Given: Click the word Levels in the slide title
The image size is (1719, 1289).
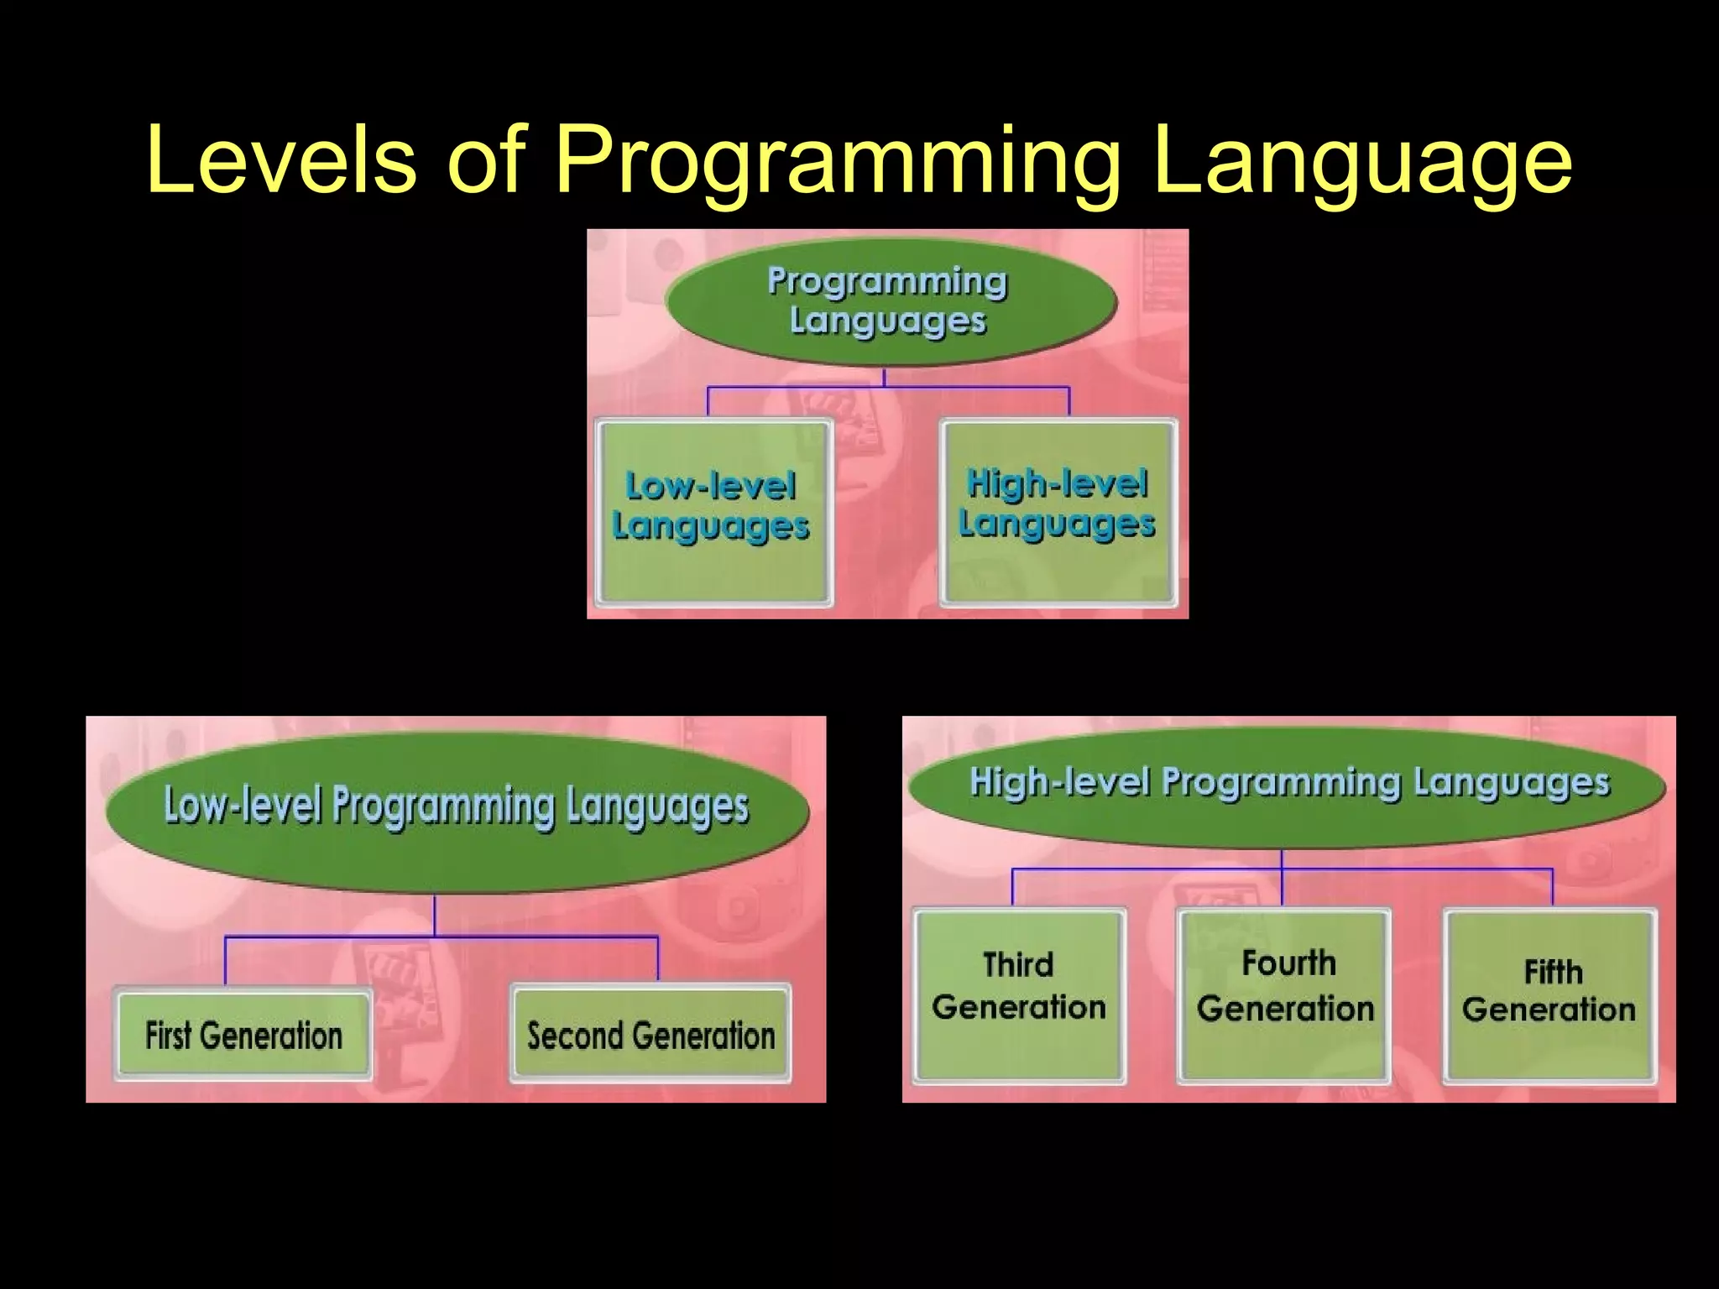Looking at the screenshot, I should pyautogui.click(x=280, y=159).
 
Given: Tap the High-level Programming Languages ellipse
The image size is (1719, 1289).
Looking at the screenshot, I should pyautogui.click(x=1288, y=784).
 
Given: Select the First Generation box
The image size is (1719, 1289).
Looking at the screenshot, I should pyautogui.click(x=243, y=1035).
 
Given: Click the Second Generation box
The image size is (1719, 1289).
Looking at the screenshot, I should pyautogui.click(x=651, y=1035).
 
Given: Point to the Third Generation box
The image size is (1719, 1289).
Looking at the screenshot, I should pyautogui.click(x=1019, y=995).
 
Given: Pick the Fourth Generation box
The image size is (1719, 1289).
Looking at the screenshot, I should pyautogui.click(x=1284, y=995).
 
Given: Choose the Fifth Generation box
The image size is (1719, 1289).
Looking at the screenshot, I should pyautogui.click(x=1549, y=995).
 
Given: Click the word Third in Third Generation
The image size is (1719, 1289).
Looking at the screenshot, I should pyautogui.click(x=1018, y=965).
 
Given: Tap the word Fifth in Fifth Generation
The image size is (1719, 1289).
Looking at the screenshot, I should pyautogui.click(x=1553, y=972).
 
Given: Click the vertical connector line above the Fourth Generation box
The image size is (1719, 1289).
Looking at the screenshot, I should pyautogui.click(x=1282, y=885).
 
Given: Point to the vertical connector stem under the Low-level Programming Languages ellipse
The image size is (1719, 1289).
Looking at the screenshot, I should pyautogui.click(x=434, y=915).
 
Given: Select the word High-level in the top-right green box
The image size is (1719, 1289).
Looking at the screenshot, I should pyautogui.click(x=1057, y=483).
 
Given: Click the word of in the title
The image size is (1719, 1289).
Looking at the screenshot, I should pyautogui.click(x=486, y=159).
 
